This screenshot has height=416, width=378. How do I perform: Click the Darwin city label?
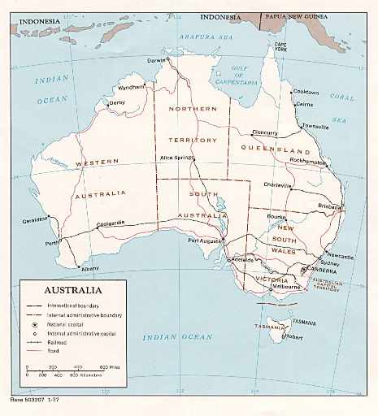click(x=155, y=60)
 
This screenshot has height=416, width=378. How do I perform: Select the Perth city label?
click(x=54, y=242)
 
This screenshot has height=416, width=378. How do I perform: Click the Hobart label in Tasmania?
click(x=294, y=336)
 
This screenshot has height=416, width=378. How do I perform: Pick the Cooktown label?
click(x=306, y=92)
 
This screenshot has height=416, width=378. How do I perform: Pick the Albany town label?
click(x=89, y=268)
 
